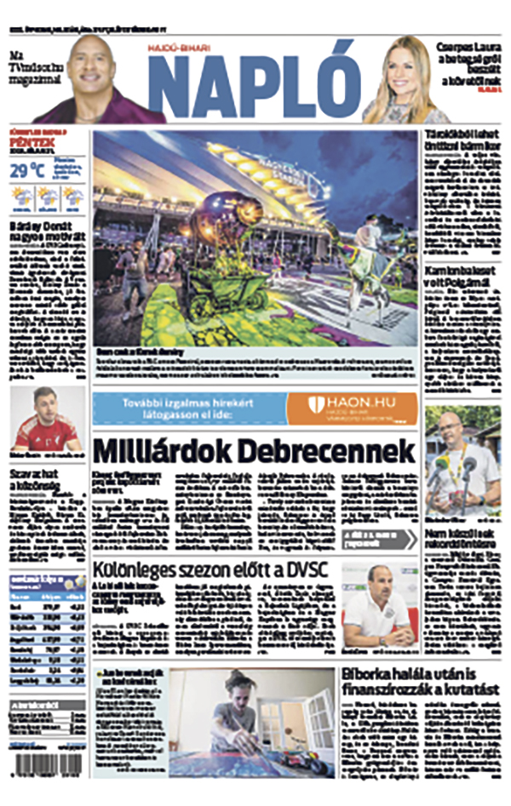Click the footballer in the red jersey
pyautogui.click(x=47, y=421)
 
